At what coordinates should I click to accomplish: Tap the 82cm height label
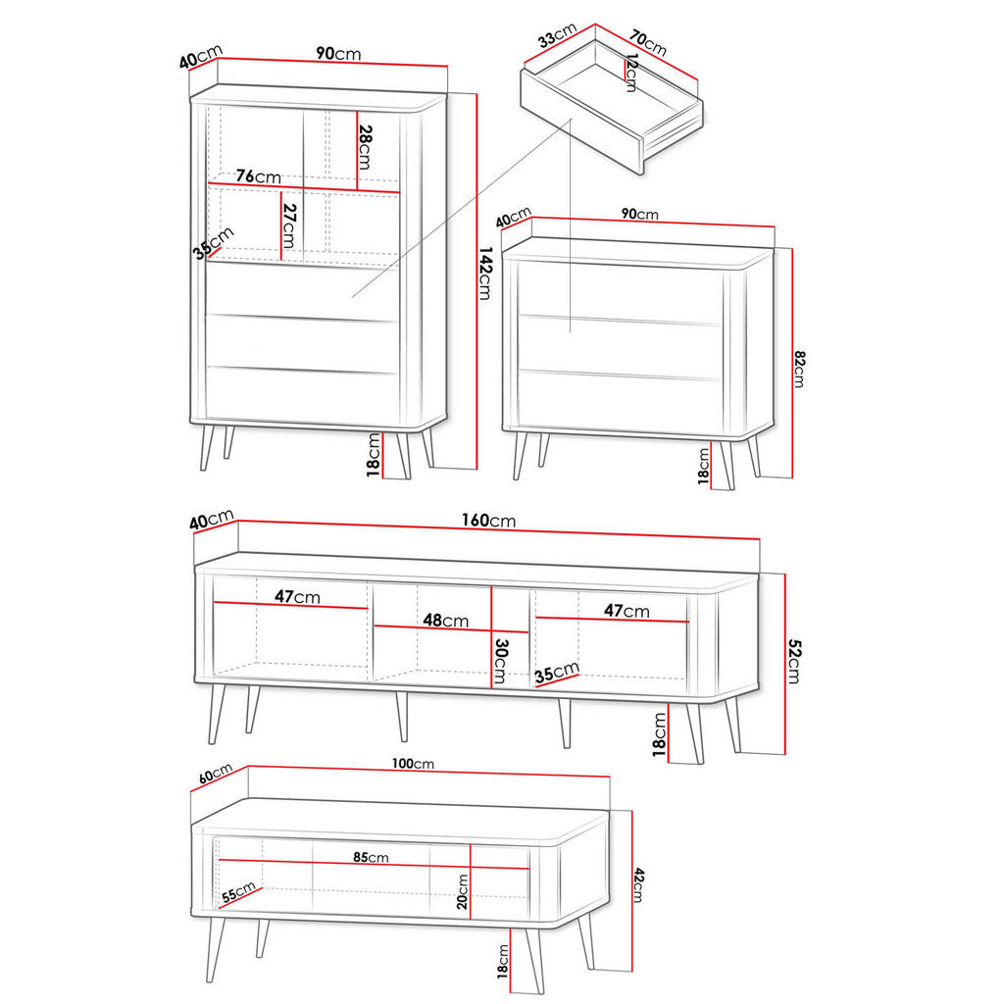click(x=800, y=370)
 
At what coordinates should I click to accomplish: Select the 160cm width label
click(x=488, y=521)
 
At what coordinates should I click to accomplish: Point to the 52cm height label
click(x=794, y=662)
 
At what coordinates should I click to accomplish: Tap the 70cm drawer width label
click(x=648, y=43)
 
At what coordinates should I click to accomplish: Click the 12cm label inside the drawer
click(x=629, y=74)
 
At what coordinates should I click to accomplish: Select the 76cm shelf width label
click(x=258, y=176)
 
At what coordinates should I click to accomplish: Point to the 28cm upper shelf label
click(x=365, y=147)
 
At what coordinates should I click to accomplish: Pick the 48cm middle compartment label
click(x=446, y=621)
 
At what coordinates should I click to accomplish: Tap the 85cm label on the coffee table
click(x=372, y=858)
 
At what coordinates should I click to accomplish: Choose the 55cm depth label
click(x=238, y=893)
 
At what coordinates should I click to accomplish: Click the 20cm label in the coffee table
click(x=463, y=890)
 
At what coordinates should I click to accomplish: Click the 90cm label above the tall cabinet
click(x=338, y=54)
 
